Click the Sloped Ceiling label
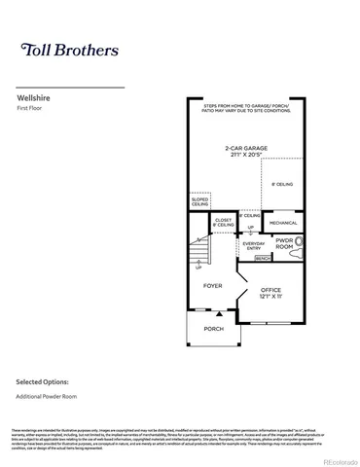click(199, 202)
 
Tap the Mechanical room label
click(284, 223)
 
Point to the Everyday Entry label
click(252, 246)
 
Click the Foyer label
click(212, 286)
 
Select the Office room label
click(271, 291)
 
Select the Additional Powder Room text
click(47, 397)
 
